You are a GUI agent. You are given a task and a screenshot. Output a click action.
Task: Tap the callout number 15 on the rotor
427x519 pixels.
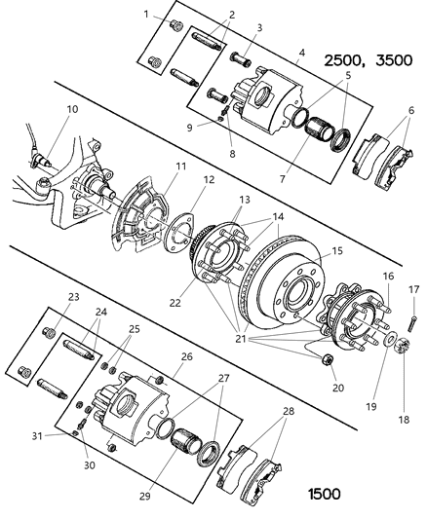coord(311,250)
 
